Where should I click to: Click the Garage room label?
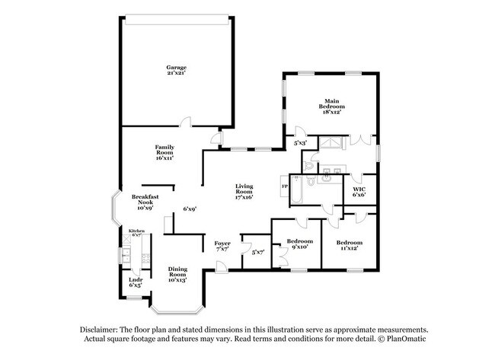pyautogui.click(x=177, y=67)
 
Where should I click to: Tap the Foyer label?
pyautogui.click(x=222, y=245)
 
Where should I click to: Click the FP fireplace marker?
pyautogui.click(x=285, y=186)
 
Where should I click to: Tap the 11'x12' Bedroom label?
pyautogui.click(x=350, y=245)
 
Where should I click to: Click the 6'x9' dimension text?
pyautogui.click(x=190, y=209)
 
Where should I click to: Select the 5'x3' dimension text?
pyautogui.click(x=301, y=142)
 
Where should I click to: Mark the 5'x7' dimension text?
pyautogui.click(x=259, y=252)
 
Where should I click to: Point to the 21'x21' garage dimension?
pyautogui.click(x=177, y=73)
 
